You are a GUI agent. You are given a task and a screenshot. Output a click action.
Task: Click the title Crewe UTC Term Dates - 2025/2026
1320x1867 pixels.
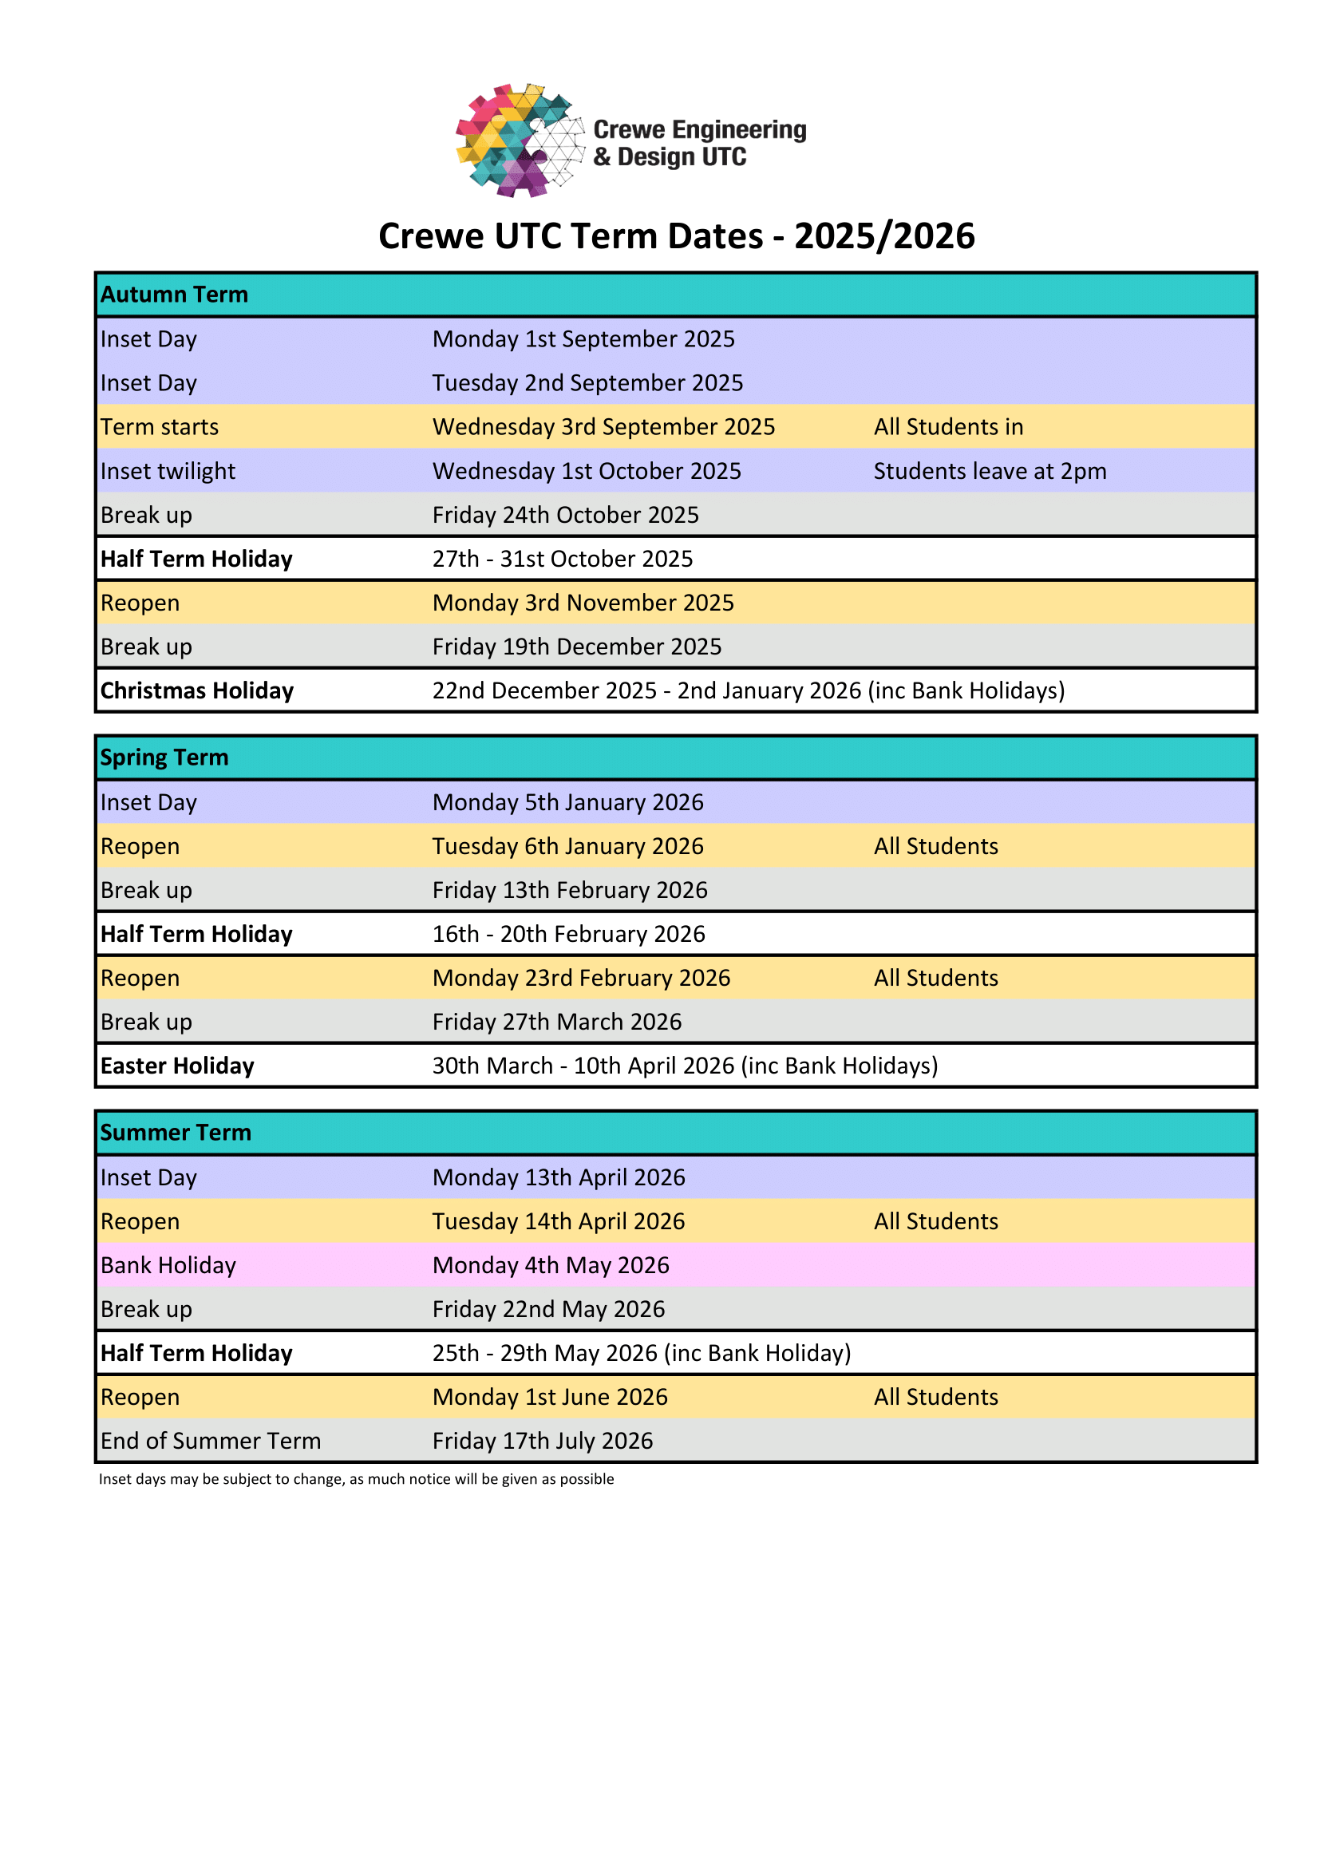676,236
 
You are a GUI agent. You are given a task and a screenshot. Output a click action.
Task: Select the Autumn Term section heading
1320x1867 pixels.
174,295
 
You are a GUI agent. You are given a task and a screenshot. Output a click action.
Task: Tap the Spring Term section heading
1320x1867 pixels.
164,757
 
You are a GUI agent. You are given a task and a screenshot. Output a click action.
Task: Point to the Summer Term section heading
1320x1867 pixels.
176,1132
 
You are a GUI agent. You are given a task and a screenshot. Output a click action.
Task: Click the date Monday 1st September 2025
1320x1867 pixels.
583,339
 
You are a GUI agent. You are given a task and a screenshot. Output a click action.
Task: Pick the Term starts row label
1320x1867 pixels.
160,427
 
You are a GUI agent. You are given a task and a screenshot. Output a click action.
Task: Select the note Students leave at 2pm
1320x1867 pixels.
989,471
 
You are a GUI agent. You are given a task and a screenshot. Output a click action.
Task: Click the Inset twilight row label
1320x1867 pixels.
168,471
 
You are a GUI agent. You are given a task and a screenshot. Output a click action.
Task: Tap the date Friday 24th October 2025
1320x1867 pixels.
565,515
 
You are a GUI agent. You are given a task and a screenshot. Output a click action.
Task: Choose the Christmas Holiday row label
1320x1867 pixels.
196,690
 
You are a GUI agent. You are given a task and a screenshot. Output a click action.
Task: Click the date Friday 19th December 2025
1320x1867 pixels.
576,647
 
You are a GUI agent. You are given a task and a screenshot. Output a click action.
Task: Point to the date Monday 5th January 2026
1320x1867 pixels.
567,802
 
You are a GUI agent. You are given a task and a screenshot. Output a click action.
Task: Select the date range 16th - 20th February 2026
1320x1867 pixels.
568,934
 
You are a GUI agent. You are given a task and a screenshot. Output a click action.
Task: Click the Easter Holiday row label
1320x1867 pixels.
177,1066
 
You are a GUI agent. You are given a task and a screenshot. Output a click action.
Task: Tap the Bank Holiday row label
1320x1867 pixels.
168,1265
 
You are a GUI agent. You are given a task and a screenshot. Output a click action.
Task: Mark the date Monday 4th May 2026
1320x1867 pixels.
551,1265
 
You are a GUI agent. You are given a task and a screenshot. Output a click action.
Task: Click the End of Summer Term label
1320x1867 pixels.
211,1441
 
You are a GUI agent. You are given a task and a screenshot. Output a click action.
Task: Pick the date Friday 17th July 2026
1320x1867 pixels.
542,1441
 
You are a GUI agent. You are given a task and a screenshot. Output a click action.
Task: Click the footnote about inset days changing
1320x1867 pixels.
356,1479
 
